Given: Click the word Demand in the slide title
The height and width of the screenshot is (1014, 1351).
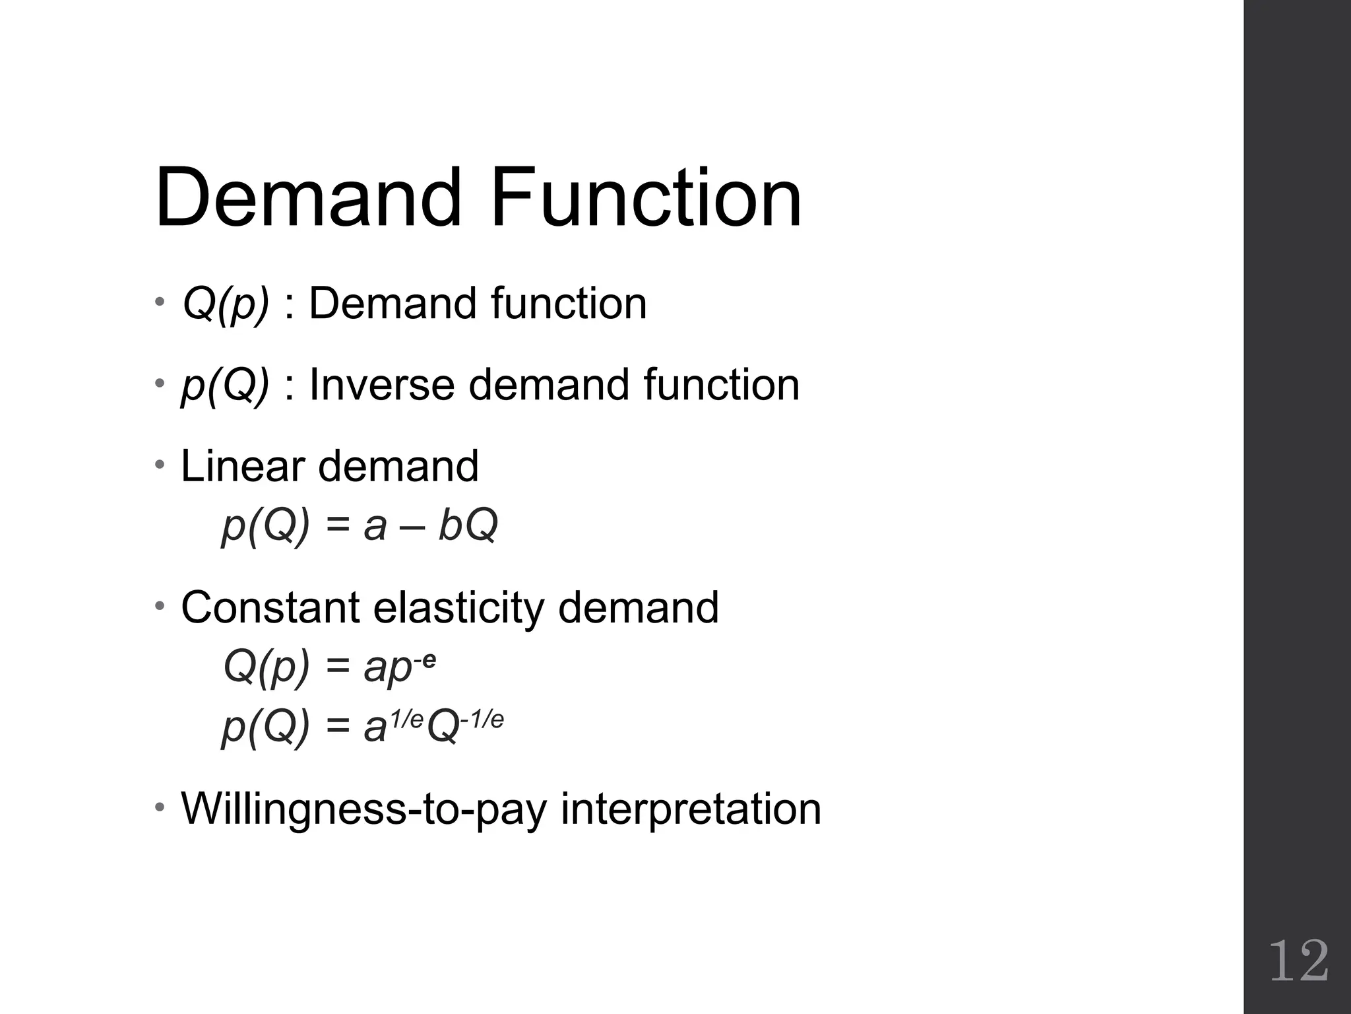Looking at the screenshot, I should tap(308, 198).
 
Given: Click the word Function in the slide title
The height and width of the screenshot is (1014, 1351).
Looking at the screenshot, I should tap(645, 198).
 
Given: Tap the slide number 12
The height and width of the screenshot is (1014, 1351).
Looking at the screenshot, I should tap(1298, 962).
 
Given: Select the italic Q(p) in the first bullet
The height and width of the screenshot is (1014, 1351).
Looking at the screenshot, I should tap(226, 304).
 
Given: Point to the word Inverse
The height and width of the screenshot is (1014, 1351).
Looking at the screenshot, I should tap(381, 385).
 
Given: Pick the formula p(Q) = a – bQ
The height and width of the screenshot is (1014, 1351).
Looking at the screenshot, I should tap(360, 526).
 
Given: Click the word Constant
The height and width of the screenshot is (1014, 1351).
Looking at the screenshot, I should tap(270, 607).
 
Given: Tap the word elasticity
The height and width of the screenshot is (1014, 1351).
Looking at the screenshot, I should tap(458, 609).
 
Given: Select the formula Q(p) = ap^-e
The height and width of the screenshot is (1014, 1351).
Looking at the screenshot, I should tap(329, 667).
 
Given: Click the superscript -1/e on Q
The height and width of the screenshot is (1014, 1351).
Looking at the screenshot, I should tap(482, 718).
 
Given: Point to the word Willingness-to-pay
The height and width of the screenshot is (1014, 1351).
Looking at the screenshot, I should tap(363, 809).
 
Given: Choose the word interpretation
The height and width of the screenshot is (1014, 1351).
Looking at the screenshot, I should tap(691, 809).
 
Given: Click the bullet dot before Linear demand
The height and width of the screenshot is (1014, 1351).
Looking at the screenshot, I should tap(160, 465).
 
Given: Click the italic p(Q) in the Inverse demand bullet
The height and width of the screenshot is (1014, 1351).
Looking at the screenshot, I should tap(225, 386).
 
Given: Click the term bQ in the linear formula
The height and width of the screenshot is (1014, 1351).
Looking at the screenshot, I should tap(468, 526).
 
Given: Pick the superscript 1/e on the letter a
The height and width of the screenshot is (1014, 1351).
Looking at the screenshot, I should tap(406, 718).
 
